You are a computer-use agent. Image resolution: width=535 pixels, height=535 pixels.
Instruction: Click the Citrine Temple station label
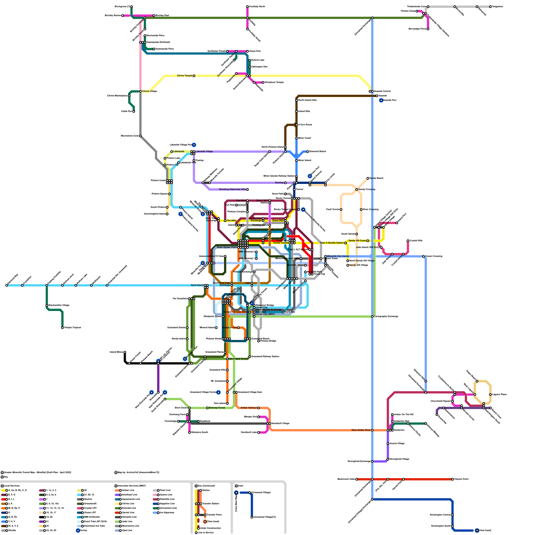point(185,76)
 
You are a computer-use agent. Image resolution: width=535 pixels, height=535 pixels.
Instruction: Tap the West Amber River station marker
point(372,430)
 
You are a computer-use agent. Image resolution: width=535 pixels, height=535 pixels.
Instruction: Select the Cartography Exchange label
point(386,316)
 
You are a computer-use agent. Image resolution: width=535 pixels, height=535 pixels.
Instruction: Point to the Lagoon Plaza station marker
point(491,395)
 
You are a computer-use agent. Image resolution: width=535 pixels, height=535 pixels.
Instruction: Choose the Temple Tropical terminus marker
point(63,328)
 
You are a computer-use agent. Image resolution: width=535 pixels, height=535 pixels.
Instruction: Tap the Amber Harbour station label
point(249,408)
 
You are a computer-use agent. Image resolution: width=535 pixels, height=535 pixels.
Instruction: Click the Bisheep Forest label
point(217,408)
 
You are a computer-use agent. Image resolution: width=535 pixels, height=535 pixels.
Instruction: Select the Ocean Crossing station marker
point(424,256)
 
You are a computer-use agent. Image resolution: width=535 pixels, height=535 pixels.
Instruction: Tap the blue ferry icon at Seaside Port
point(381,100)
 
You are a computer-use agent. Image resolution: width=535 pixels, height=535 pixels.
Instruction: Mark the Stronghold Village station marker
point(388,459)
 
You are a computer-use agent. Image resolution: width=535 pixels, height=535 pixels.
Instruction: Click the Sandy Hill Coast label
point(357,241)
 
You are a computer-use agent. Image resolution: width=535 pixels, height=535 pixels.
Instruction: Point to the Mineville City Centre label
point(338,256)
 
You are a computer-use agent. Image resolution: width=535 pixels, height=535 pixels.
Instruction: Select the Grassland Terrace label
point(239,359)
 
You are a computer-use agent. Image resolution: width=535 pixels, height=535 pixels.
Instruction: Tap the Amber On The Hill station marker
point(392,415)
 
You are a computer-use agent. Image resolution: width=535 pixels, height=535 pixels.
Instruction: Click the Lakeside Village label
point(204,151)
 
